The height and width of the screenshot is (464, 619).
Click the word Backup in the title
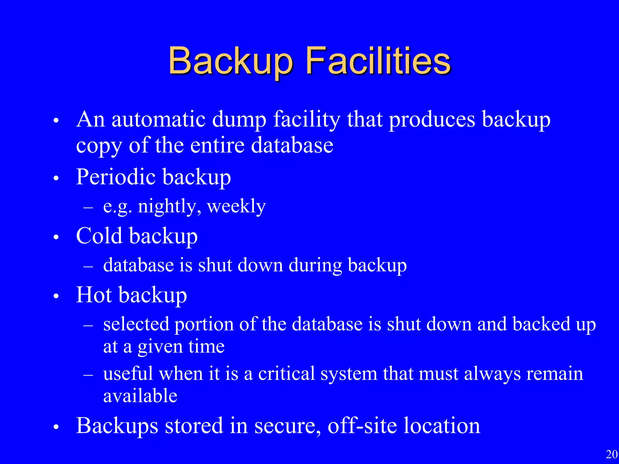[231, 61]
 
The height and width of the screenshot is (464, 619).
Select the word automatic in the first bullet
[159, 120]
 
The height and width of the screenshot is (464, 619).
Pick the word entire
[217, 146]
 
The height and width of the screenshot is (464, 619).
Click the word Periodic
[114, 177]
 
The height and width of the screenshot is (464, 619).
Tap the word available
[140, 396]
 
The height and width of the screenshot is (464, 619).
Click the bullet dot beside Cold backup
[56, 237]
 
